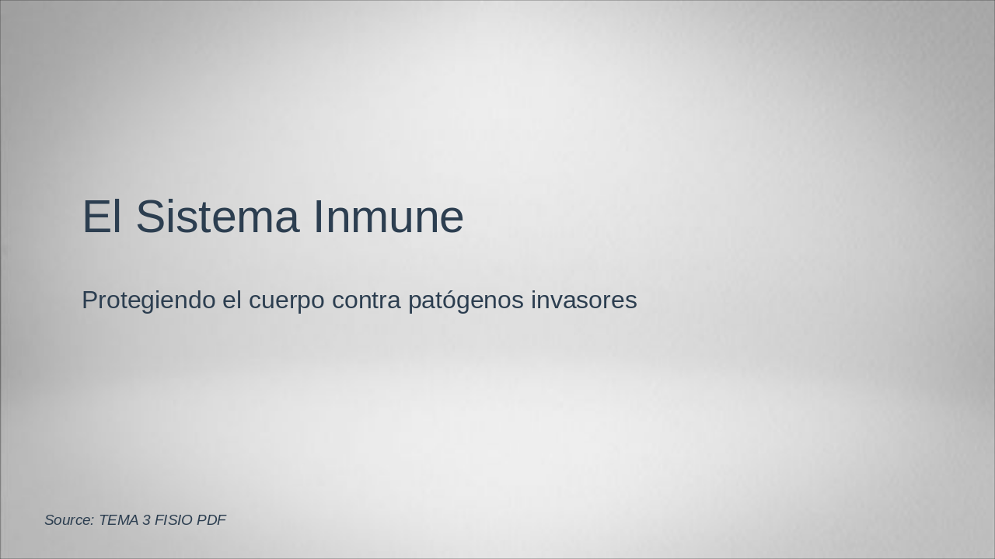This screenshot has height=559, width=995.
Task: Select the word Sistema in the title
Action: click(217, 217)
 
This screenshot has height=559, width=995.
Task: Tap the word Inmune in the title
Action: click(388, 217)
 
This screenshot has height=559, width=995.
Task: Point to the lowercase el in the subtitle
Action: click(232, 300)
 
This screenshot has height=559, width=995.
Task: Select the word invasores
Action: click(584, 300)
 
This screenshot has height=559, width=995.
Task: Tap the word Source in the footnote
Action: click(68, 520)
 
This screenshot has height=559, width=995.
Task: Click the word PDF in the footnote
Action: click(211, 520)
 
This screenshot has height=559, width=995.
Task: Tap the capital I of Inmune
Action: click(319, 217)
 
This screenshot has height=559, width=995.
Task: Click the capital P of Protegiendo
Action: click(89, 300)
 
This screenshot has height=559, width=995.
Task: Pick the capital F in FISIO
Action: click(159, 520)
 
